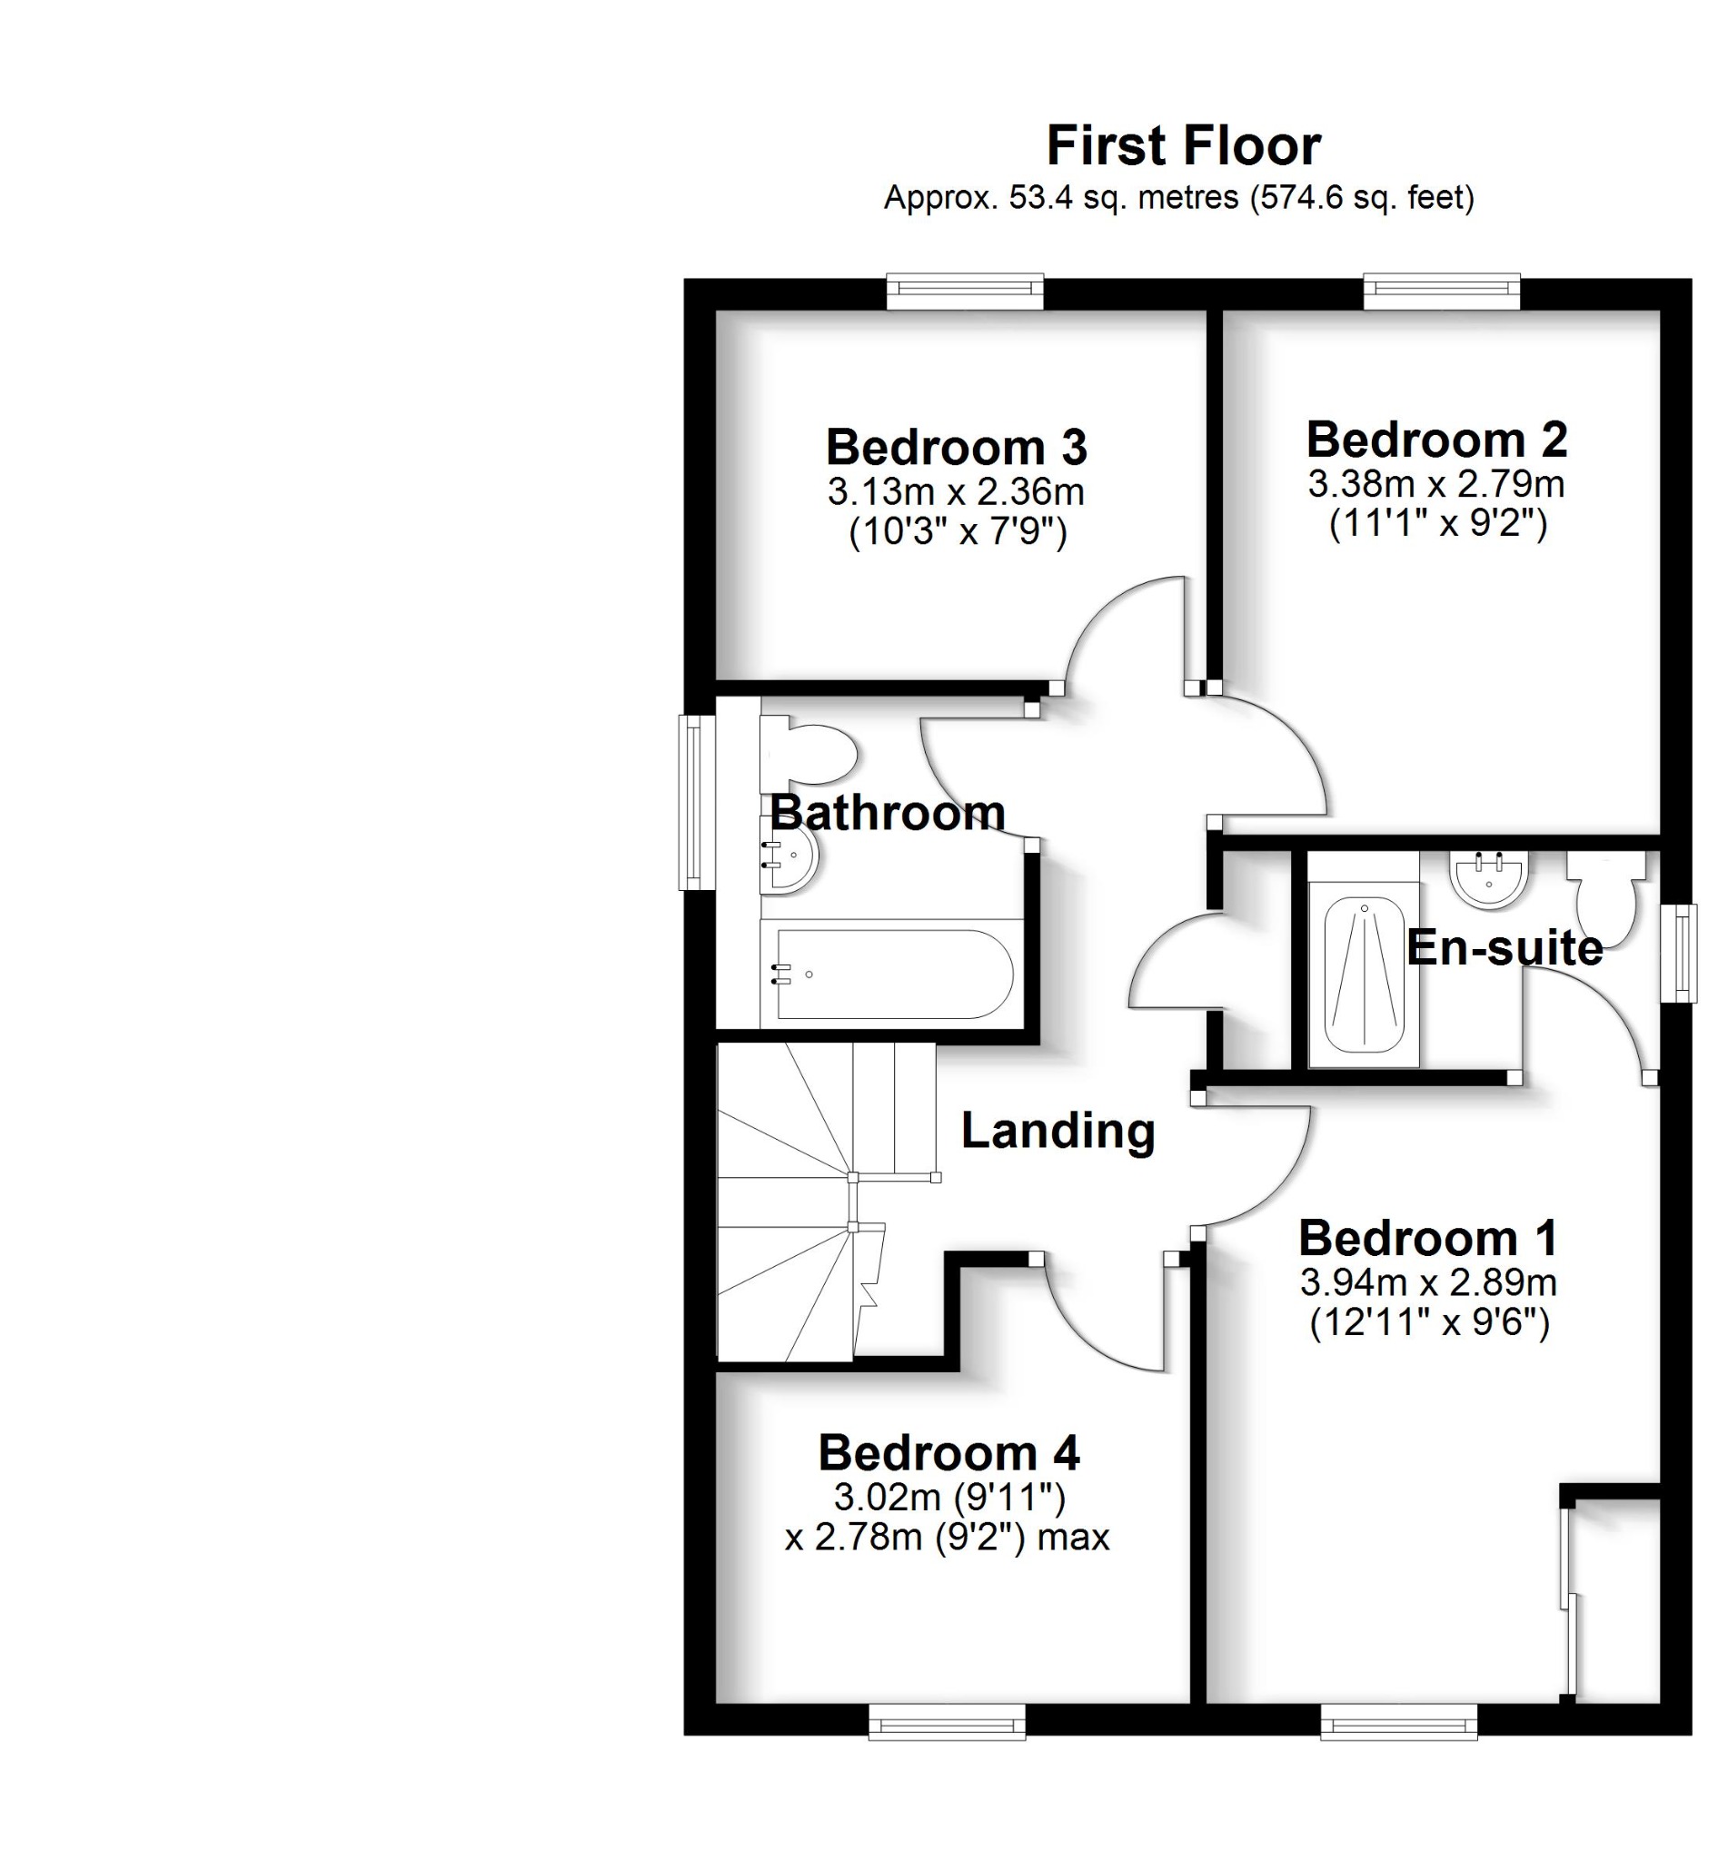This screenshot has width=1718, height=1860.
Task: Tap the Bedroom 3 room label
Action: click(x=956, y=447)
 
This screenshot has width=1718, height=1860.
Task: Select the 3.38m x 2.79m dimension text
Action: click(x=1435, y=484)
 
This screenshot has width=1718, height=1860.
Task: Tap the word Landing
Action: click(x=1057, y=1132)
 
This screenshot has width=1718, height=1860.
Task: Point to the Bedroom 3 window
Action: click(x=965, y=292)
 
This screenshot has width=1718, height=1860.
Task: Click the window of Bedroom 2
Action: click(x=1441, y=292)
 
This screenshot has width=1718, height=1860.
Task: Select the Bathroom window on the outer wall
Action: click(x=693, y=802)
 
